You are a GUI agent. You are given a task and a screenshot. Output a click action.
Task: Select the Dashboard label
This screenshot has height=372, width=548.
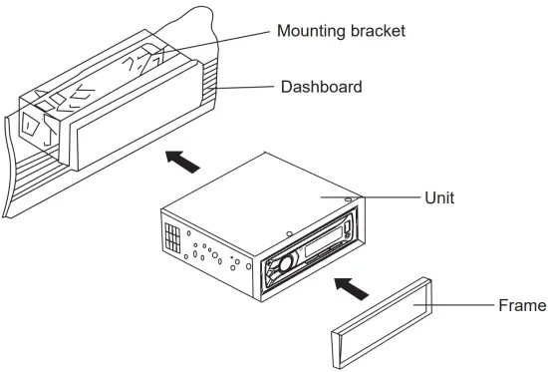320,87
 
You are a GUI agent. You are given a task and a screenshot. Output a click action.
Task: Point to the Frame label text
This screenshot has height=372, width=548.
521,304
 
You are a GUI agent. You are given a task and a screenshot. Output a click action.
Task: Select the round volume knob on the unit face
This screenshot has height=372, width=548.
282,264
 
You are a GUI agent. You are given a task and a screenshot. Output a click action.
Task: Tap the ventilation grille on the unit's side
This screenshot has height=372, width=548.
172,239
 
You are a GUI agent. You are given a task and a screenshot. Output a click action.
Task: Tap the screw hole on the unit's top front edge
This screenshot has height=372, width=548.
289,235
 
